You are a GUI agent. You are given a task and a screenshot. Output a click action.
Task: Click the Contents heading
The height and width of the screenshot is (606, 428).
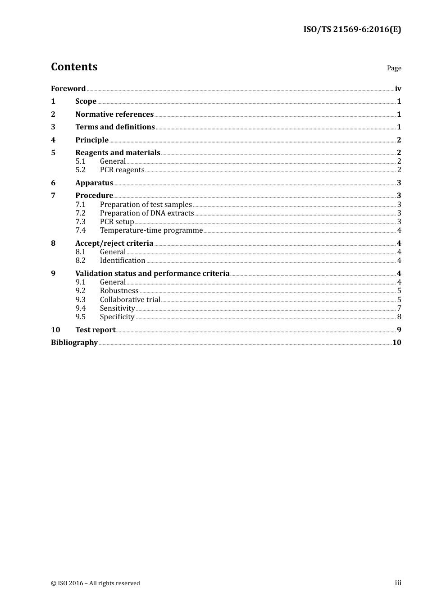tap(74, 67)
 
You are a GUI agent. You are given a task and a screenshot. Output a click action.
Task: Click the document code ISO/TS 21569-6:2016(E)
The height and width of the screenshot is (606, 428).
tap(352, 29)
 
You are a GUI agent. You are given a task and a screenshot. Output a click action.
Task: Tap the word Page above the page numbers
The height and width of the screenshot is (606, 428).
tap(394, 68)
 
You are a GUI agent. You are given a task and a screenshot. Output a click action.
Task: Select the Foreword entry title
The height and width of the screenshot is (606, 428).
tap(68, 88)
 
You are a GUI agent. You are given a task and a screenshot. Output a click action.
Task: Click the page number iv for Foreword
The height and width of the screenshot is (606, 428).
tap(398, 88)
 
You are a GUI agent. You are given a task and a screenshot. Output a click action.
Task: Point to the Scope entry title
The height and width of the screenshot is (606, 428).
tap(86, 101)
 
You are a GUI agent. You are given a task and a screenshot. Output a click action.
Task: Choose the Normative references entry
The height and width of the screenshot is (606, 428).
tap(114, 114)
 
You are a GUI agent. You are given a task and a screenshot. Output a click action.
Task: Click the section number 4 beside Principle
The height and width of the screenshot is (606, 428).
tap(53, 140)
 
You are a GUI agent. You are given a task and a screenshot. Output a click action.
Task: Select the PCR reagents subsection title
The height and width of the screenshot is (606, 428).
tap(122, 170)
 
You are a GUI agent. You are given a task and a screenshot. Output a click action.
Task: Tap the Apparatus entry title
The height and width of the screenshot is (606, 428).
tap(94, 183)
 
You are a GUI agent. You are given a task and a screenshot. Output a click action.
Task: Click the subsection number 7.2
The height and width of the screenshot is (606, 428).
tap(81, 213)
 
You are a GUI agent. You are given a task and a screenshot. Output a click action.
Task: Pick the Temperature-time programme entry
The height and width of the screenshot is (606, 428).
tap(151, 230)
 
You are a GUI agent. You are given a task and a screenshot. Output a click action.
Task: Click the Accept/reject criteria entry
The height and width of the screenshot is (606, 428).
tap(114, 243)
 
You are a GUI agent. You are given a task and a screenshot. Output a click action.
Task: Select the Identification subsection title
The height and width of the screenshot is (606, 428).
tap(123, 261)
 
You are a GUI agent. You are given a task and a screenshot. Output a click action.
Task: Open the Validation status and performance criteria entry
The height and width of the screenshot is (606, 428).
tap(152, 273)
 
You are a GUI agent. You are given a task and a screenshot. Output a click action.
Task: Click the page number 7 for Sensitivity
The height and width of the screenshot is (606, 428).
tap(399, 308)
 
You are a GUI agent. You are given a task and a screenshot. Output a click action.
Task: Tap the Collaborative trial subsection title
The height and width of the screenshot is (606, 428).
tap(130, 299)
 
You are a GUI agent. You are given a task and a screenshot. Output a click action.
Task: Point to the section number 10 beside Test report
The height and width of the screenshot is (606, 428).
tap(55, 330)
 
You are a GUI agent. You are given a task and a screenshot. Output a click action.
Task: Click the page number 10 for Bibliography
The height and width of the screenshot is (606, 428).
tap(396, 342)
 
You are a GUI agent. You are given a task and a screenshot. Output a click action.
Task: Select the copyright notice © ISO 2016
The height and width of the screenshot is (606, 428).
tap(96, 583)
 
